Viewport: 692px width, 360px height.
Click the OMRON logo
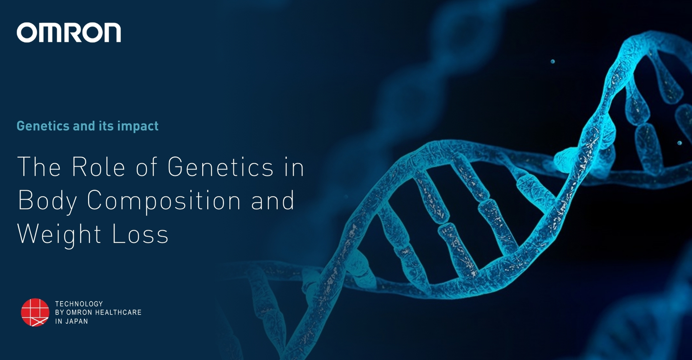pyautogui.click(x=69, y=33)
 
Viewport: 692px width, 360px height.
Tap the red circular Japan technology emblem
pyautogui.click(x=35, y=313)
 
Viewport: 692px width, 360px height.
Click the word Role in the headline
pyautogui.click(x=98, y=167)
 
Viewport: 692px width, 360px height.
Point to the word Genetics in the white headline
pyautogui.click(x=220, y=167)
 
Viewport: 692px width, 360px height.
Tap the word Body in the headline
pyautogui.click(x=47, y=201)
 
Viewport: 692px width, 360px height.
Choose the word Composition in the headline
pyautogui.click(x=164, y=201)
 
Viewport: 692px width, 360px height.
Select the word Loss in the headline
pyautogui.click(x=140, y=234)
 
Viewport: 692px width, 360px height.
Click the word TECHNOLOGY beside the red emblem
pyautogui.click(x=79, y=304)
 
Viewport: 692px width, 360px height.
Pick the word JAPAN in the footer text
pyautogui.click(x=77, y=321)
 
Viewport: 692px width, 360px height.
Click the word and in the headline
pyautogui.click(x=273, y=201)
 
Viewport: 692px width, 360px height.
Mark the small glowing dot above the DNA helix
pyautogui.click(x=553, y=61)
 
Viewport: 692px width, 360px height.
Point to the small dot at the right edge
pyautogui.click(x=679, y=143)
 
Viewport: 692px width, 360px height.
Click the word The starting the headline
pyautogui.click(x=39, y=167)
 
